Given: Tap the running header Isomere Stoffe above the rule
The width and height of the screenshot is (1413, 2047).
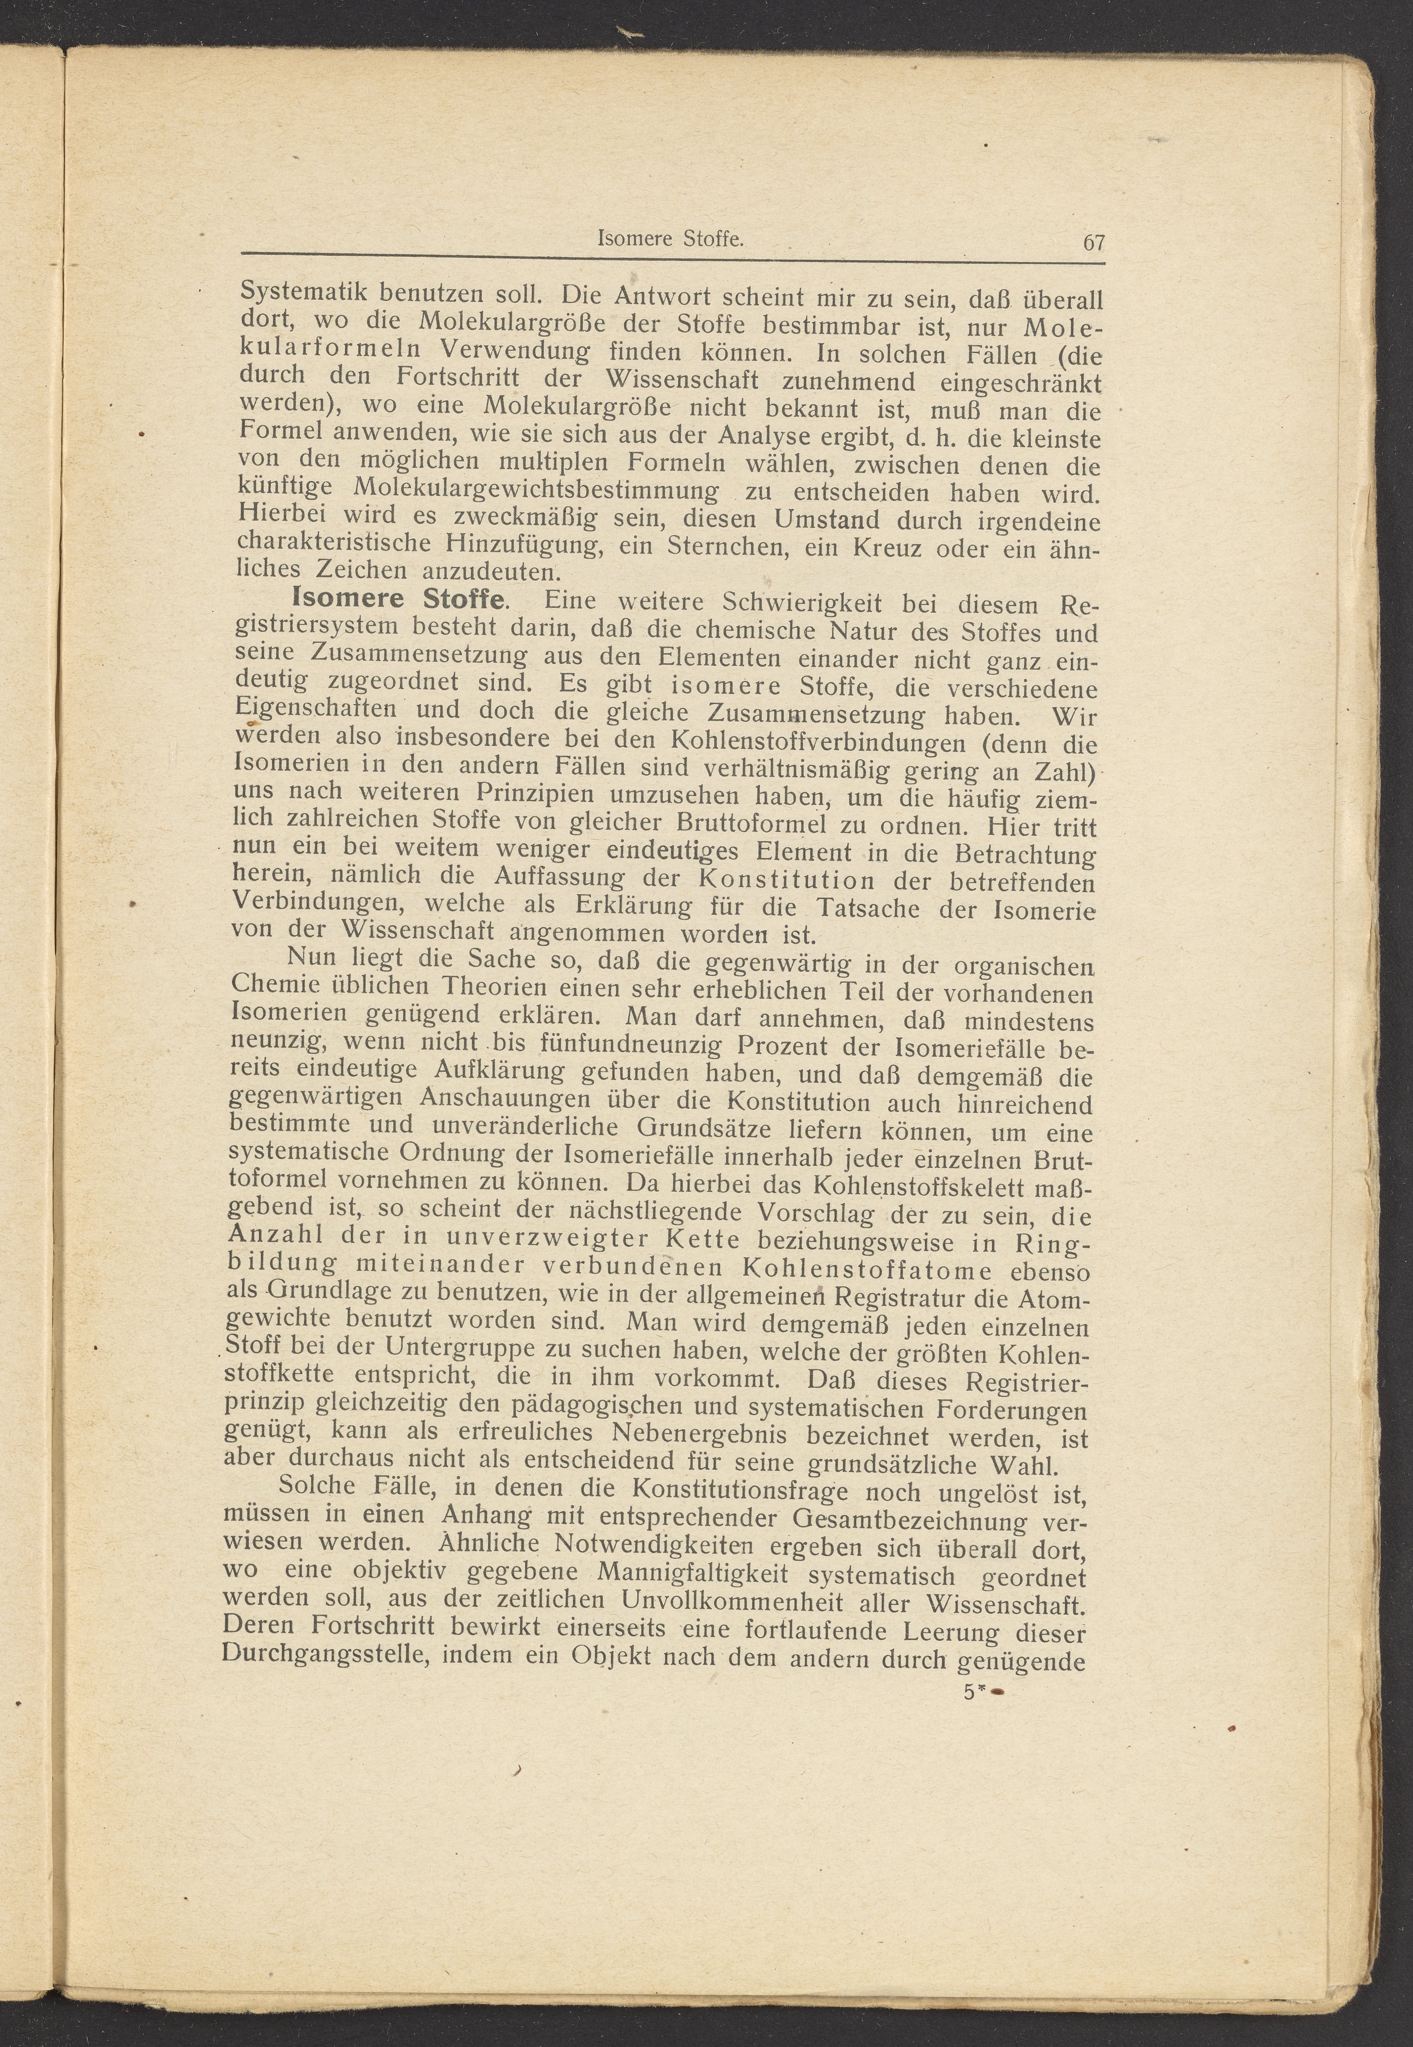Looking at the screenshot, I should coord(670,238).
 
